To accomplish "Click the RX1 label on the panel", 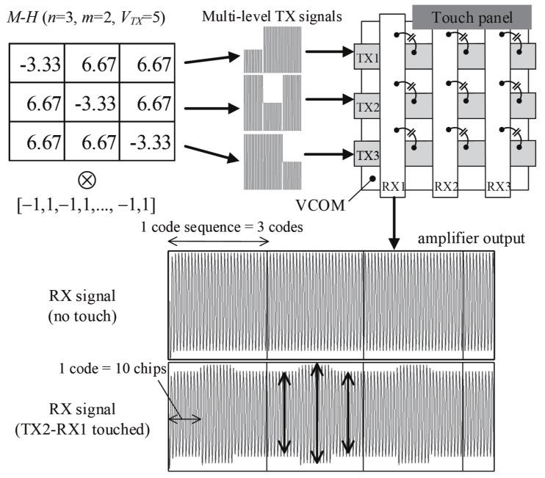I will pos(394,187).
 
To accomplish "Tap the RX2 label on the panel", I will pos(446,187).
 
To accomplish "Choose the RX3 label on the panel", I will pos(499,187).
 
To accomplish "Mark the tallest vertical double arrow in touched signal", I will pos(317,412).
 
